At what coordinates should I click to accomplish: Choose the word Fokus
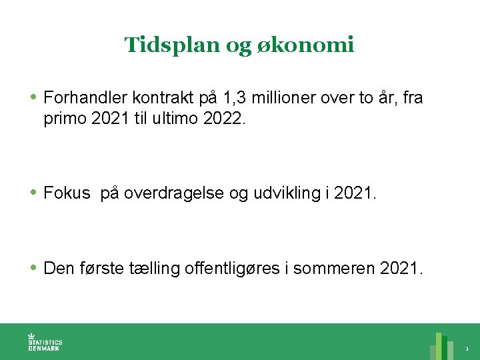[67, 193]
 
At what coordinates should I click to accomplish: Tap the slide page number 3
[467, 349]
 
